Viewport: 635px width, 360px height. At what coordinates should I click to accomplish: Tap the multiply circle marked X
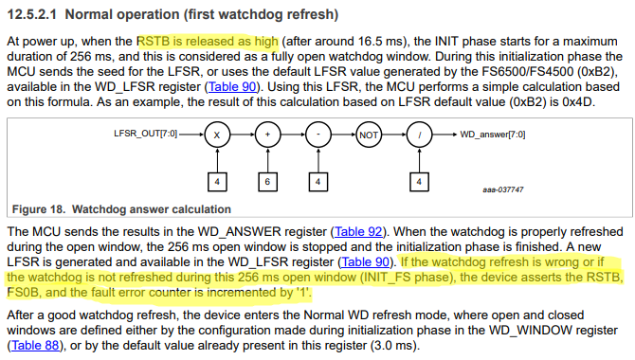pyautogui.click(x=217, y=135)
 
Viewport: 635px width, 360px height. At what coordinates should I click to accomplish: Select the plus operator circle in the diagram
pyautogui.click(x=268, y=135)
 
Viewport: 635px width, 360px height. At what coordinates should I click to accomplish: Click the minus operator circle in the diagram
pyautogui.click(x=318, y=135)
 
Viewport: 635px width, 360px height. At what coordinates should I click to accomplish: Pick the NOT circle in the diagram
pyautogui.click(x=369, y=135)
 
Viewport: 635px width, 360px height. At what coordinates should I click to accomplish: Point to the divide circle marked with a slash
pyautogui.click(x=419, y=135)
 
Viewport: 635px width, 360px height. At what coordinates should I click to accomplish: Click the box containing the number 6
pyautogui.click(x=268, y=180)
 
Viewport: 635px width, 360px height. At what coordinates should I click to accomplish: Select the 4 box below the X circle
pyautogui.click(x=217, y=180)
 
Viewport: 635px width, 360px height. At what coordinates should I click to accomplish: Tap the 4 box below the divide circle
pyautogui.click(x=419, y=180)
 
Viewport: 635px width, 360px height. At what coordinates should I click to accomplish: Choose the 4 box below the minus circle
pyautogui.click(x=318, y=180)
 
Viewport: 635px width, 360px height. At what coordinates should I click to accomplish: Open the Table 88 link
pyautogui.click(x=36, y=346)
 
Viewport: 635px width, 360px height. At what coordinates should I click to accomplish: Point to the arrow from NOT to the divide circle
pyautogui.click(x=393, y=135)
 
